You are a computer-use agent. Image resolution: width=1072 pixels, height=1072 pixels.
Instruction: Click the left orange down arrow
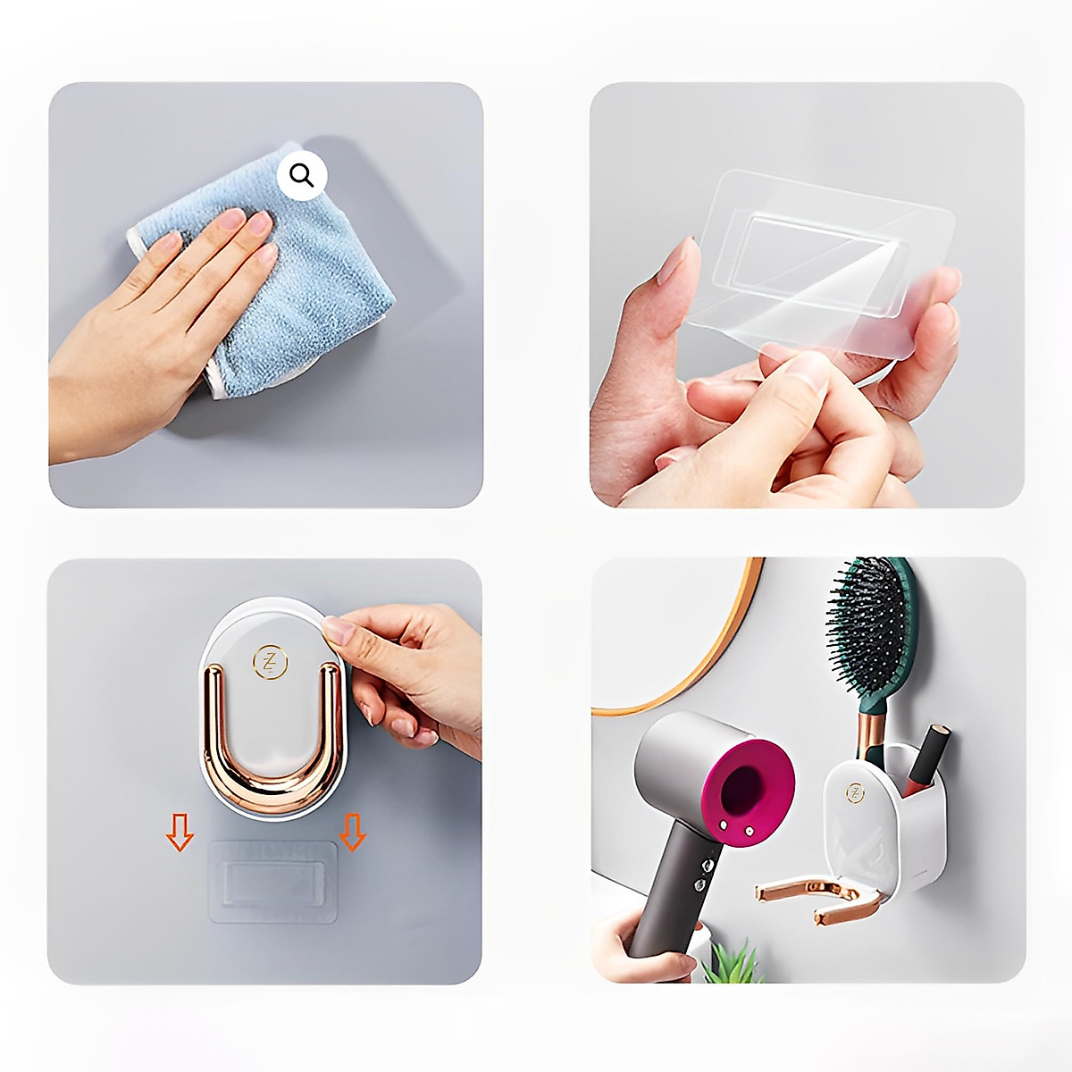coord(180,833)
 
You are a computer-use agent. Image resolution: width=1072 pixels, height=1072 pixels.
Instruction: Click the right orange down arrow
coord(354,833)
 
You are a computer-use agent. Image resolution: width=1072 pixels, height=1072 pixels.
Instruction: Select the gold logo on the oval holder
coord(268,661)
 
